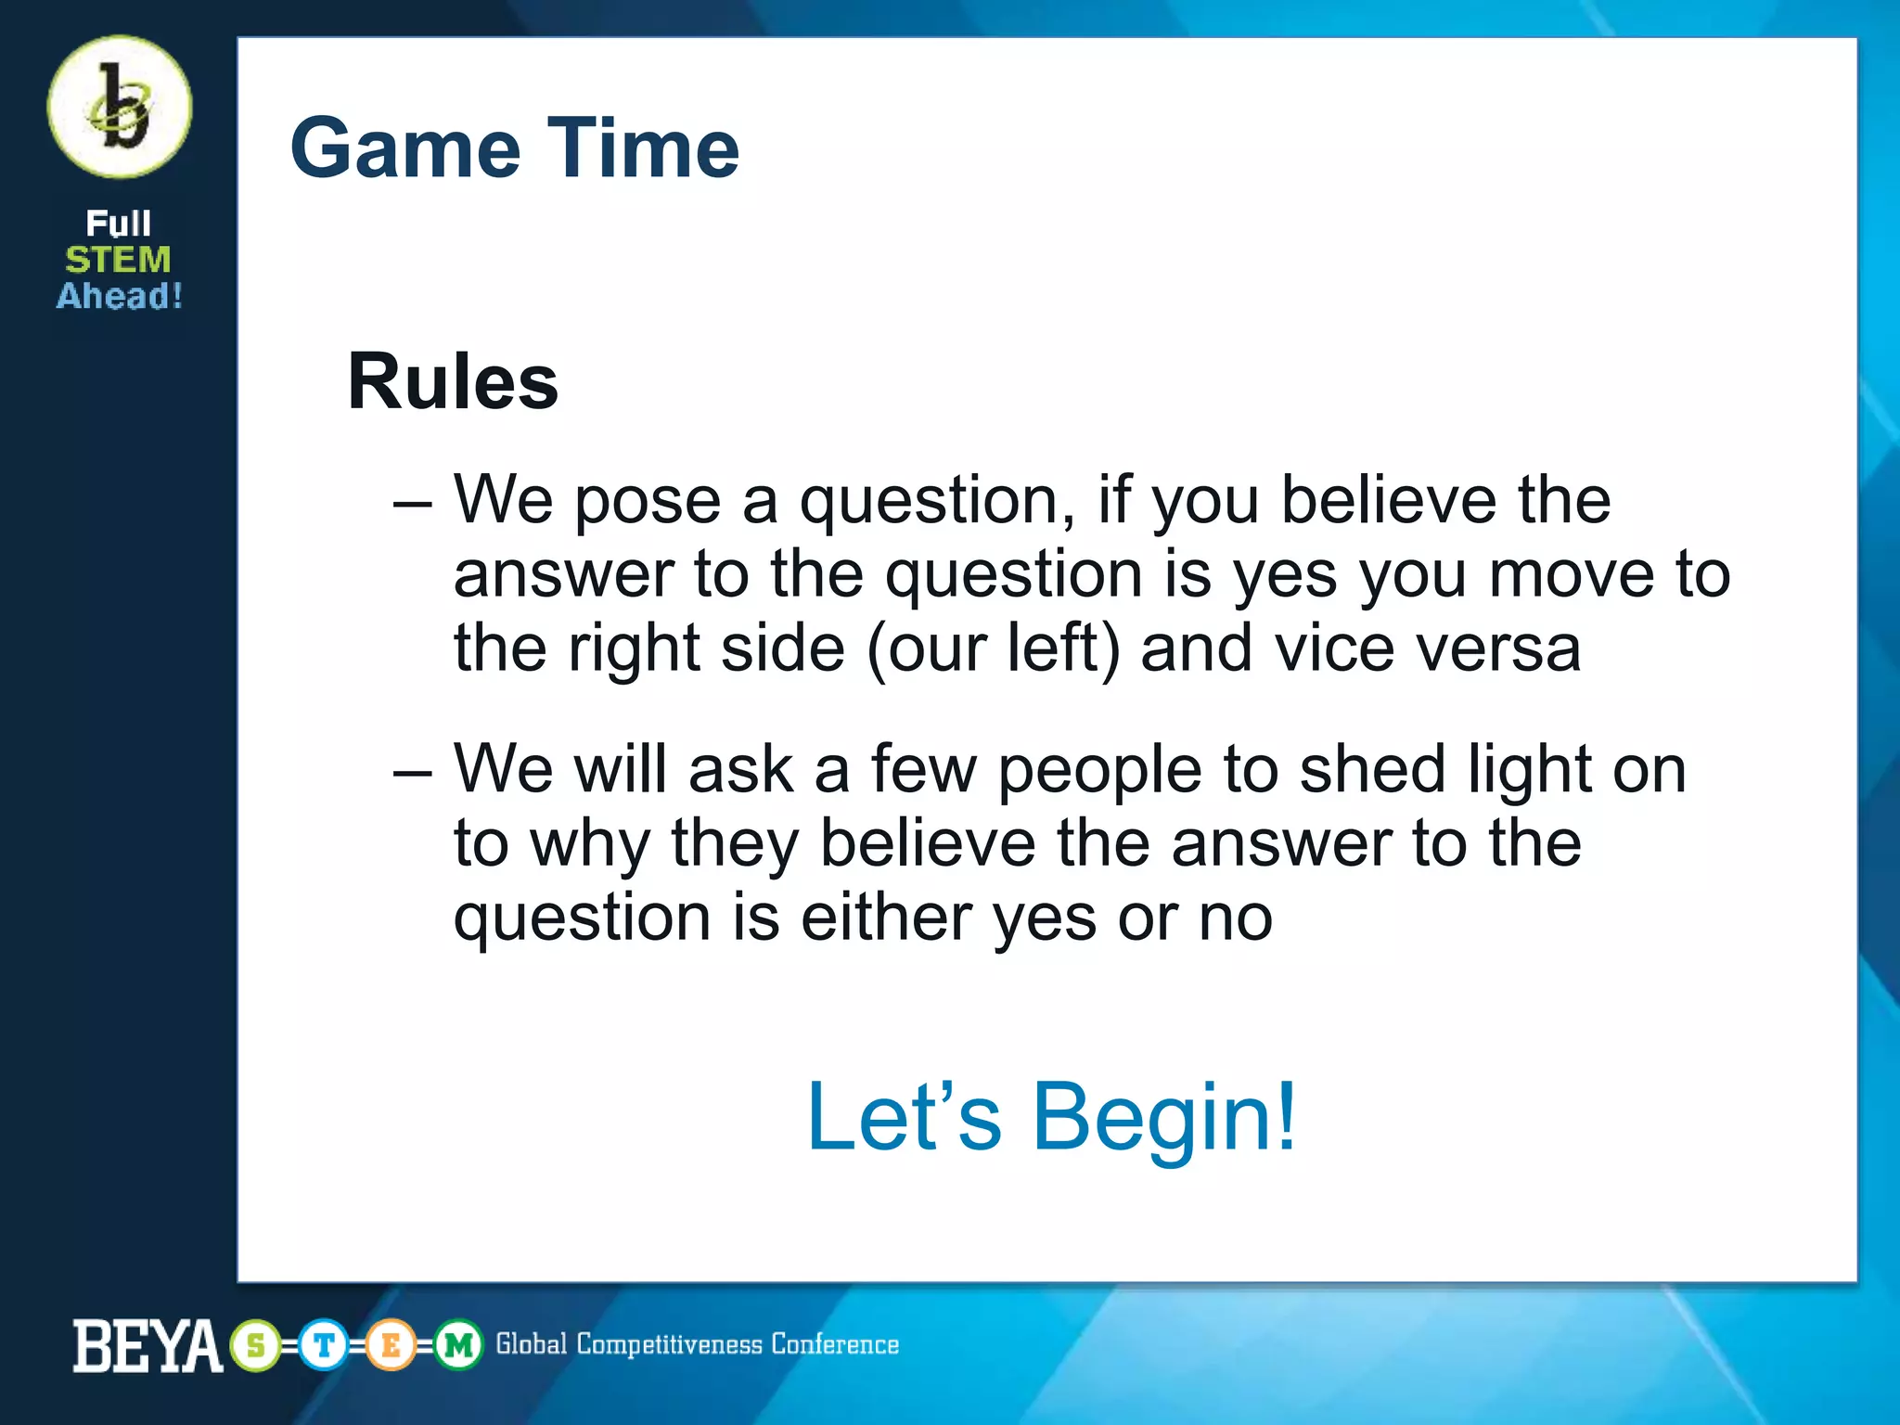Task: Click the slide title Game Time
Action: click(514, 148)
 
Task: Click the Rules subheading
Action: click(452, 381)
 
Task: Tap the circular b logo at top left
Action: click(120, 107)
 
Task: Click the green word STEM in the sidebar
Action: click(118, 260)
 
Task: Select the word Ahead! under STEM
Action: click(120, 297)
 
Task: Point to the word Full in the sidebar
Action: click(118, 224)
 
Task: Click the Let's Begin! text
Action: click(1050, 1117)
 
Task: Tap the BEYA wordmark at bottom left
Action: click(148, 1345)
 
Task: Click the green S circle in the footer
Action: click(256, 1345)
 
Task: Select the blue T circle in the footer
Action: click(324, 1345)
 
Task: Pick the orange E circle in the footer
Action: click(391, 1345)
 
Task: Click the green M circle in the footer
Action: click(458, 1345)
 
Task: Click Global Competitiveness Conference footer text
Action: click(697, 1344)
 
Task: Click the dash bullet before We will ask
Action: click(412, 773)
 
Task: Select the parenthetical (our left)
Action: click(994, 648)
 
